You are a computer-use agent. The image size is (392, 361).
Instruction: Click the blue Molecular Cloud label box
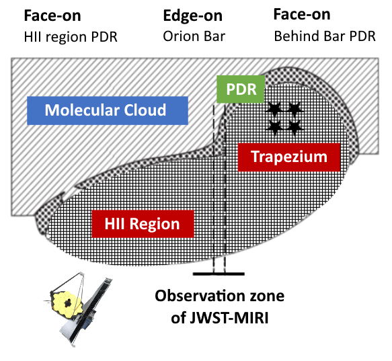coord(108,110)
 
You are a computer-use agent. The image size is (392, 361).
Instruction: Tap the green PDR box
coord(241,89)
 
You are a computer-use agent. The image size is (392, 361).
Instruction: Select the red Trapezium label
coord(289,157)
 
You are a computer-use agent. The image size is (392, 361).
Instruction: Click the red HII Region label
coord(143,224)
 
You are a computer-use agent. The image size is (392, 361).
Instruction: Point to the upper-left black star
coord(274,108)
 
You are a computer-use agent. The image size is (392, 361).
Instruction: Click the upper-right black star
coord(295,108)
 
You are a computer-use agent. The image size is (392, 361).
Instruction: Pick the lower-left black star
coord(274,127)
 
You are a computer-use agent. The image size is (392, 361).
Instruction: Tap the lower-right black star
coord(295,127)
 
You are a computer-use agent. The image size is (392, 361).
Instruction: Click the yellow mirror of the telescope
coord(67,303)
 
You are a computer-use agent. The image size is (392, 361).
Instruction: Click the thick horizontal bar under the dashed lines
coord(219,274)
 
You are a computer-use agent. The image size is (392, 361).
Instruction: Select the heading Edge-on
coord(193,15)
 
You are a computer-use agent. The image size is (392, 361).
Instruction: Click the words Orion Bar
coord(194,36)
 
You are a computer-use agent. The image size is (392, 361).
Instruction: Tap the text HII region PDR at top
coord(71,37)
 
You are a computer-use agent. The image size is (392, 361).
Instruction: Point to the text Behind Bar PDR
coord(325,36)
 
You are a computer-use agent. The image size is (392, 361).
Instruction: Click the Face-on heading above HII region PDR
coord(52,15)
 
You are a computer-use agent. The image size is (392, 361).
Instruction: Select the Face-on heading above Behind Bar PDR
coord(302,14)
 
